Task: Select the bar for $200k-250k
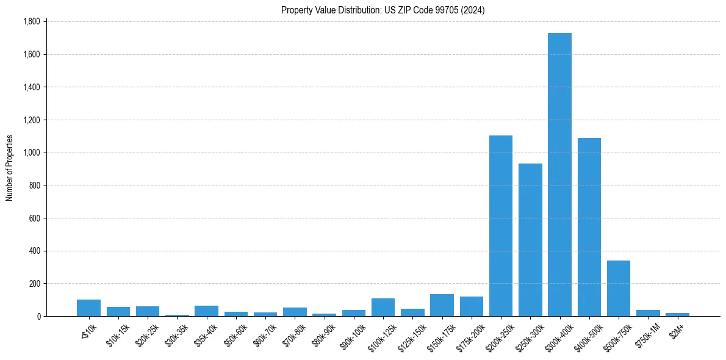(x=501, y=226)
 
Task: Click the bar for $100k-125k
(x=383, y=308)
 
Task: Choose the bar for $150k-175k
(x=442, y=305)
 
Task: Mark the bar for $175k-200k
(x=472, y=306)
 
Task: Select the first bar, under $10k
(x=88, y=308)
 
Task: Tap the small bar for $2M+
(x=677, y=314)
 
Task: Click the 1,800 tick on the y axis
(x=31, y=21)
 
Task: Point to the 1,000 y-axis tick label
(x=31, y=153)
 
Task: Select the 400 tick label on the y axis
(x=34, y=251)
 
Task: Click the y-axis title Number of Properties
(x=9, y=168)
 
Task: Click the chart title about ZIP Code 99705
(x=383, y=10)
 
